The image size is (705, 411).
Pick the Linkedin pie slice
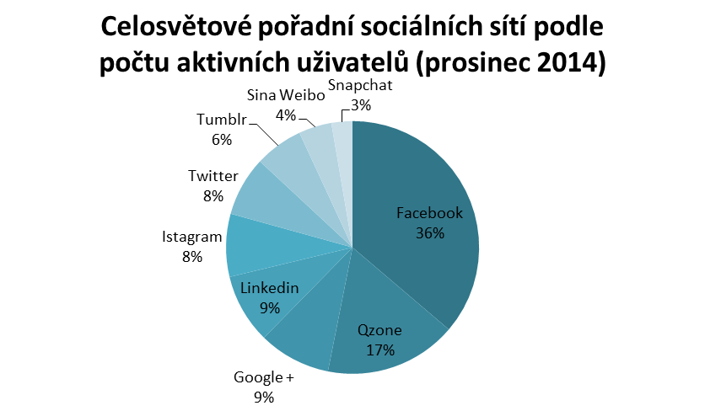pos(253,303)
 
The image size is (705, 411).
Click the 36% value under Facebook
pos(429,233)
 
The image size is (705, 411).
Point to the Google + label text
pos(264,377)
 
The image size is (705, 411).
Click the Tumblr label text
pos(222,120)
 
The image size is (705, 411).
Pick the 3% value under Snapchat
pos(361,105)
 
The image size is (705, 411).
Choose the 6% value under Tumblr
pos(222,140)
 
